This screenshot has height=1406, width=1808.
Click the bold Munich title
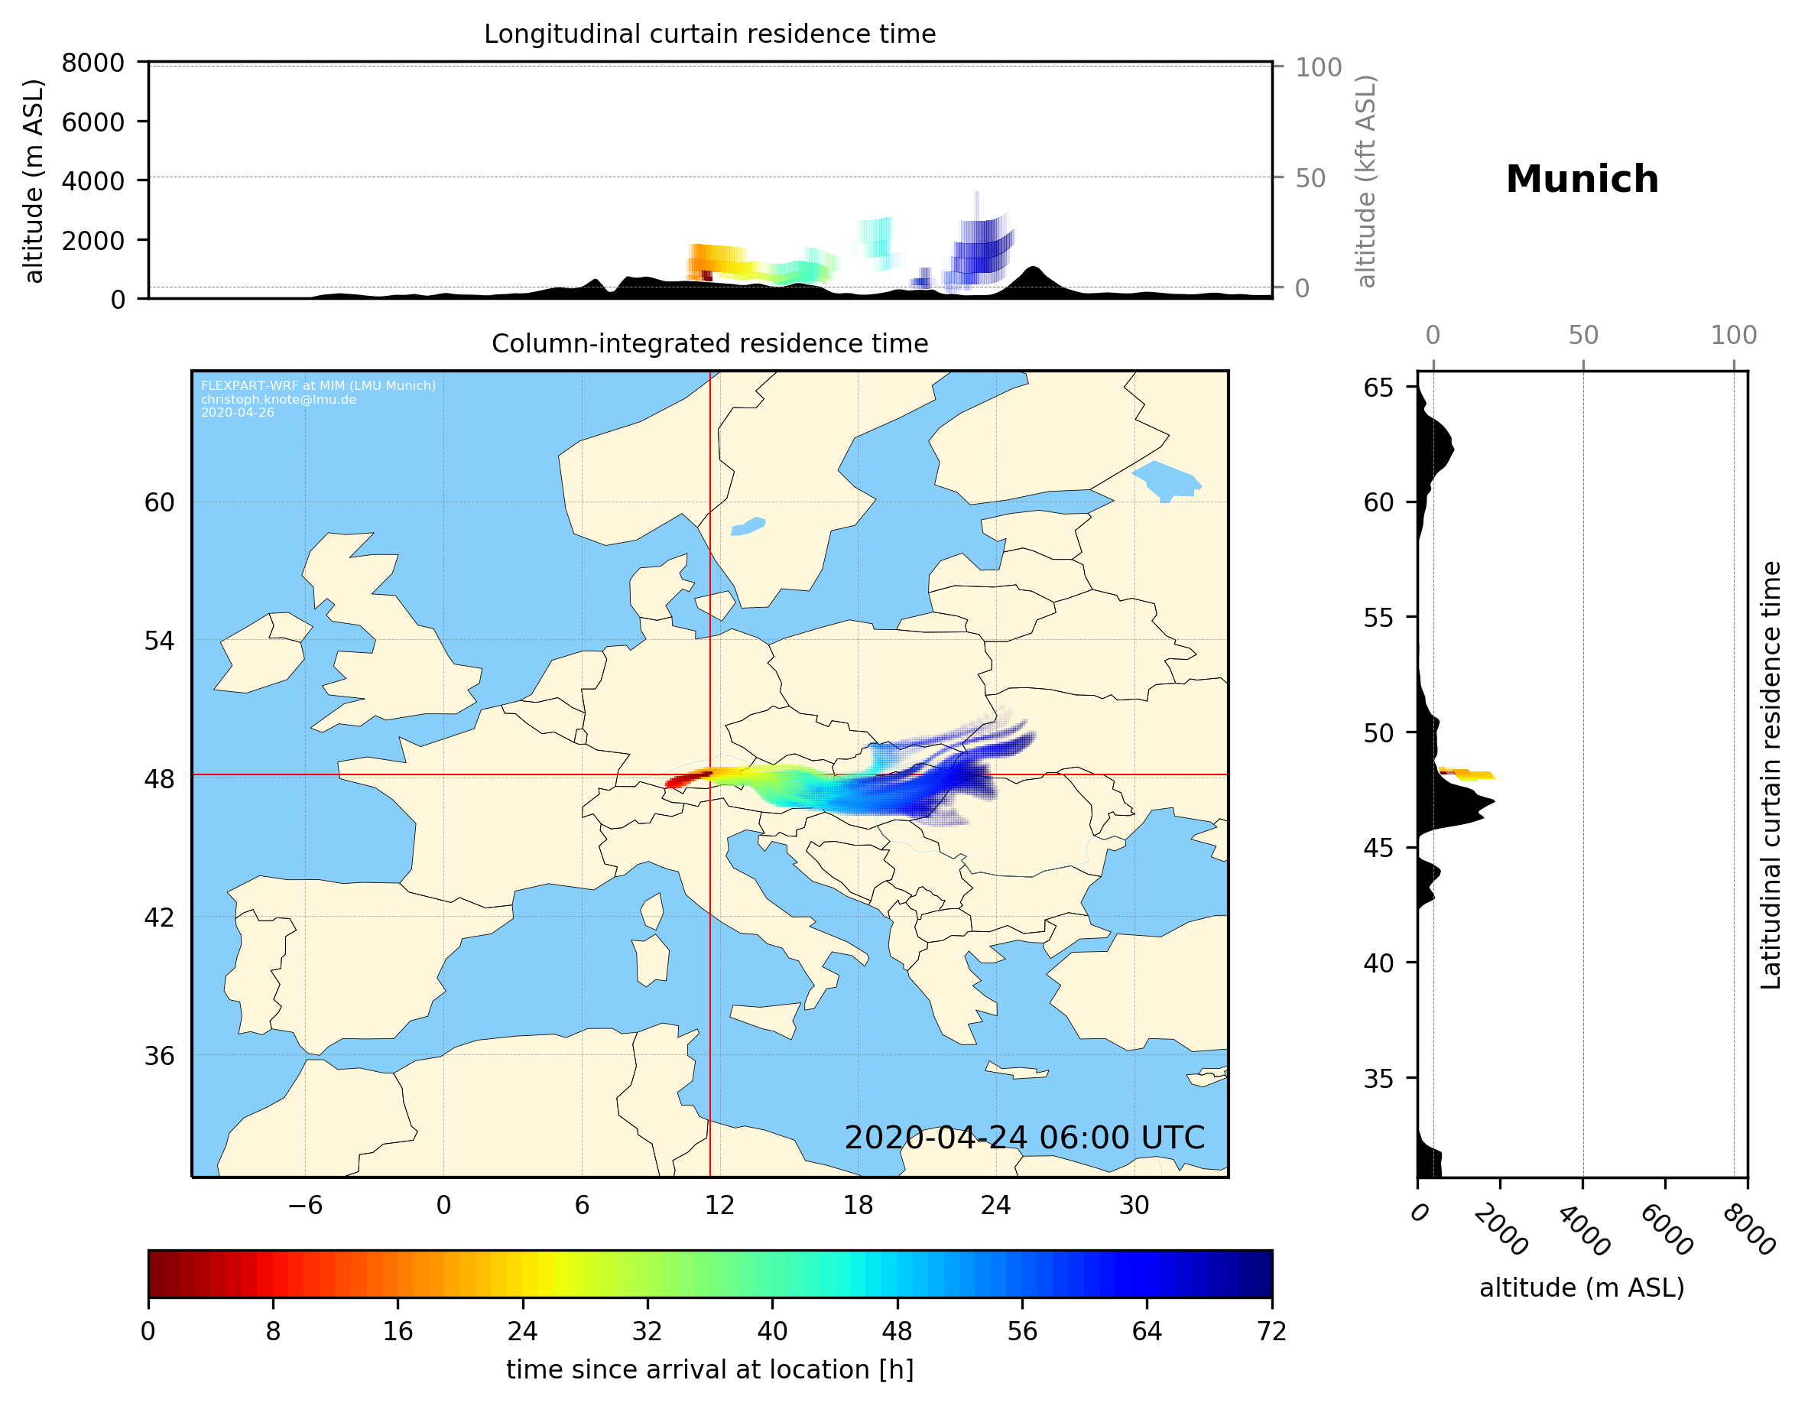(1581, 180)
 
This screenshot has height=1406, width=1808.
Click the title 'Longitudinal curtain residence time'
(709, 34)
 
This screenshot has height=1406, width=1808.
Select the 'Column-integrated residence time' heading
(709, 343)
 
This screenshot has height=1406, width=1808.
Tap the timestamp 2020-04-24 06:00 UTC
(1024, 1138)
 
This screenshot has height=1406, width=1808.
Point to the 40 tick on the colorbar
(772, 1332)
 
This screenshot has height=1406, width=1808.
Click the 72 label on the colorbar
(1271, 1332)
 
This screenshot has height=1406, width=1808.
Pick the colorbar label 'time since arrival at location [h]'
(709, 1370)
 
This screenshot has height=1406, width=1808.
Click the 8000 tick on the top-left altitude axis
(93, 63)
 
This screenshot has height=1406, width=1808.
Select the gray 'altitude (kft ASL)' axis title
(1366, 181)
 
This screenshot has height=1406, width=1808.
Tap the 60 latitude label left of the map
(160, 502)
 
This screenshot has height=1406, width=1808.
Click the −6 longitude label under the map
(304, 1206)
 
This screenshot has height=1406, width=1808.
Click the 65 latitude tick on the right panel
(1378, 388)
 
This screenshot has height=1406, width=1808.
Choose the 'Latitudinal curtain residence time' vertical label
(1770, 775)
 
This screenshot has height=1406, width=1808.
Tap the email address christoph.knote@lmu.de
(278, 399)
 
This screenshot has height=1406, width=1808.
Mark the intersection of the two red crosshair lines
(710, 775)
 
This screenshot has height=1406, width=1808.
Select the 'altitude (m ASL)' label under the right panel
(1581, 1288)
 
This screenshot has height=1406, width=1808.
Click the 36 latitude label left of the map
(160, 1056)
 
